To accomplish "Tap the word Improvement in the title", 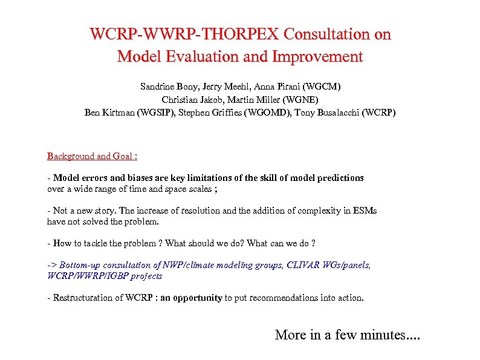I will click(318, 57).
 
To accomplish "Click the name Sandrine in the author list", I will click(157, 87).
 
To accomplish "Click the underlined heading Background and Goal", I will click(92, 156).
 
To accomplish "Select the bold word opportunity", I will click(198, 298).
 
